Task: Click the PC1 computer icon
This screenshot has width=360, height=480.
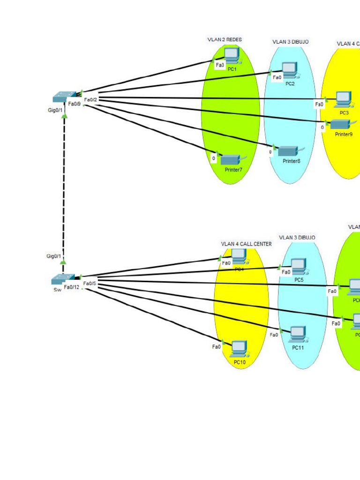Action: [232, 57]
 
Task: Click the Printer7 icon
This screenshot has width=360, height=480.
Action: [230, 160]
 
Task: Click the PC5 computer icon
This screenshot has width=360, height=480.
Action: [298, 267]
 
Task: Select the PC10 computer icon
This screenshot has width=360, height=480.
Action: [239, 349]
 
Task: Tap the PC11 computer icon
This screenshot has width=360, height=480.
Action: [298, 334]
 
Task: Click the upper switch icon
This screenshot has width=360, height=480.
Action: [63, 96]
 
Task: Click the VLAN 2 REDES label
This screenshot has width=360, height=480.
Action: [225, 40]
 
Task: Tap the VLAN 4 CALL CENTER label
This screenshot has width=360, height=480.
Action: [246, 244]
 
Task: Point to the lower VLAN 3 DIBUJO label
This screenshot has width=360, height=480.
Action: [297, 238]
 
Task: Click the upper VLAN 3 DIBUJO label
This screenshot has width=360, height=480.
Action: [291, 42]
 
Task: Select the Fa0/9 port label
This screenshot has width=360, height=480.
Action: [75, 104]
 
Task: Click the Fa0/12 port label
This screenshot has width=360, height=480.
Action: [72, 287]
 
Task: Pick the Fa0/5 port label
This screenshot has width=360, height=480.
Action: [90, 283]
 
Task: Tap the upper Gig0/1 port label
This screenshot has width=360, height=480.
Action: [55, 110]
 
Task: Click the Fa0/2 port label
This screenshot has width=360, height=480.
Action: [90, 99]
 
